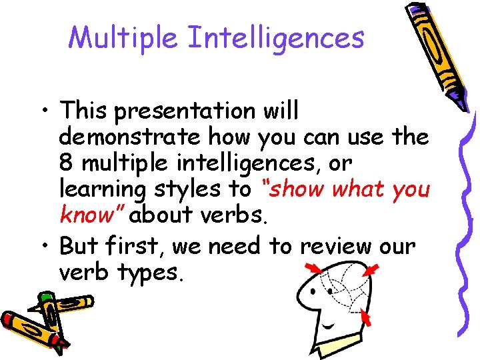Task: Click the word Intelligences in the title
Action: tap(276, 37)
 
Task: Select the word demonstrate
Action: tap(130, 137)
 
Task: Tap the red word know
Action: tap(91, 215)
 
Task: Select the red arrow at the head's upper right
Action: tap(371, 270)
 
